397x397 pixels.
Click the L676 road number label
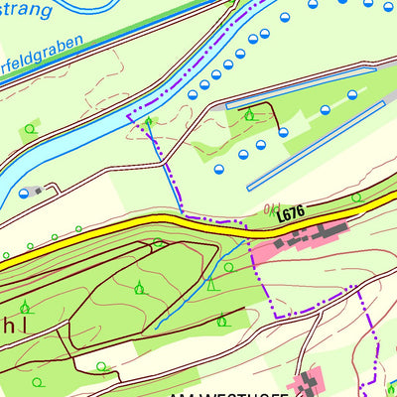pyautogui.click(x=290, y=213)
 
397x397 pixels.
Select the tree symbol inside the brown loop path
pyautogui.click(x=248, y=115)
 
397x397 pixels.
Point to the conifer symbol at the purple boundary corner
pyautogui.click(x=149, y=122)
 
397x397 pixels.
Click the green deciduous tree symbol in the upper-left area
pyautogui.click(x=30, y=128)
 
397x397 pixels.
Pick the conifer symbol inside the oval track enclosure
pyautogui.click(x=140, y=288)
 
